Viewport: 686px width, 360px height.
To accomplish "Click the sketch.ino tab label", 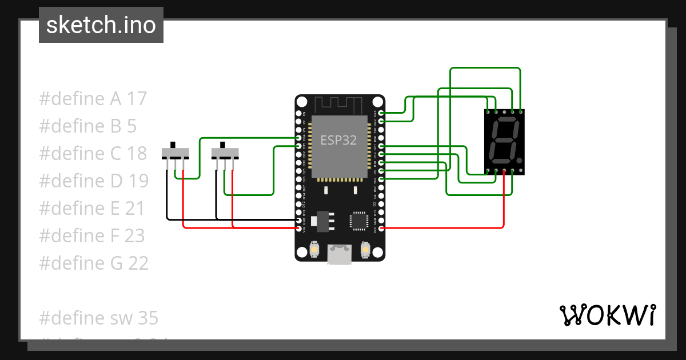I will tap(101, 25).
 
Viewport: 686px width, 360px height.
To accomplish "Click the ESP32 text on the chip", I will tap(338, 141).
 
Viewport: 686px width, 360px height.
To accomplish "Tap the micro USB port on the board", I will tap(340, 254).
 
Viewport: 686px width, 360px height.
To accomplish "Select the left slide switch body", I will tap(176, 153).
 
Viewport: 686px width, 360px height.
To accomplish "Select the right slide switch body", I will tap(225, 153).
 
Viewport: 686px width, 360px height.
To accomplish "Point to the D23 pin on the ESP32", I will tap(381, 113).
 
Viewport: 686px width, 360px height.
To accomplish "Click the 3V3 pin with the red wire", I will tap(381, 229).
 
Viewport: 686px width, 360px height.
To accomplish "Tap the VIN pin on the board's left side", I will tap(298, 229).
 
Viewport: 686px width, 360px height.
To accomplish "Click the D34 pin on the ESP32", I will tap(298, 138).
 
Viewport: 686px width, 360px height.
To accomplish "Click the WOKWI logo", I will tap(607, 315).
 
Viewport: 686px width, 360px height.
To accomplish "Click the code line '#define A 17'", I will tap(93, 99).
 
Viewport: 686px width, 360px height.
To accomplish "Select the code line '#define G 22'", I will tap(94, 263).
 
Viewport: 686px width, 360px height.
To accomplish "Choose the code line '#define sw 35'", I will tap(98, 318).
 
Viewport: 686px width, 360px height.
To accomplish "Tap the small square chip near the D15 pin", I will tap(359, 220).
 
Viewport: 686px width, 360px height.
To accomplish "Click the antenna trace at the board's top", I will tap(340, 105).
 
